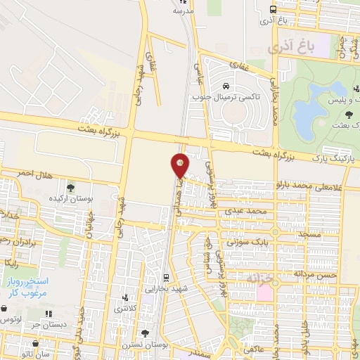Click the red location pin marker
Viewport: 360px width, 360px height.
pos(181,165)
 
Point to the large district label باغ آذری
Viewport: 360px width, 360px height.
pos(288,50)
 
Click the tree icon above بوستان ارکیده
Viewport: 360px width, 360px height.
pos(70,187)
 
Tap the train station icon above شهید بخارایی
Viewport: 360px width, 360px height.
pos(166,277)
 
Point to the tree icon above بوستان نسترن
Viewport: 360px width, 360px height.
pos(145,333)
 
